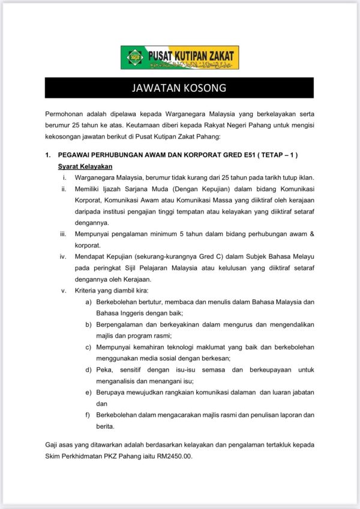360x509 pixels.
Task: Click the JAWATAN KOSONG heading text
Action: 179,88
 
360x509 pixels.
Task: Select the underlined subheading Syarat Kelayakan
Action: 85,166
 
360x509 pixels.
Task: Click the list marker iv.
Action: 63,257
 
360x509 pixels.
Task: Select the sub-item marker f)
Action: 88,414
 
